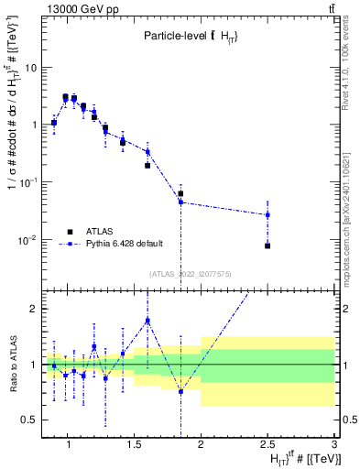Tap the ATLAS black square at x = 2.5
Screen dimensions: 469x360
[x=267, y=245]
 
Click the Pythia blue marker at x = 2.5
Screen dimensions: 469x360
[x=267, y=214]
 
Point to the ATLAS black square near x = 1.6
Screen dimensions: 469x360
[x=147, y=166]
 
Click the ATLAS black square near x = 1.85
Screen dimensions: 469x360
[x=180, y=194]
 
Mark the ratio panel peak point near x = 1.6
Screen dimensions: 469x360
[x=147, y=320]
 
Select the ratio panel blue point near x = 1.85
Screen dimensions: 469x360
[x=180, y=391]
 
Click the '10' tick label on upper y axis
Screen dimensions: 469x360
[x=31, y=68]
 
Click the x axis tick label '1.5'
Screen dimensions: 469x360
[x=133, y=446]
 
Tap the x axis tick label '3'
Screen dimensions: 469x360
[x=334, y=446]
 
